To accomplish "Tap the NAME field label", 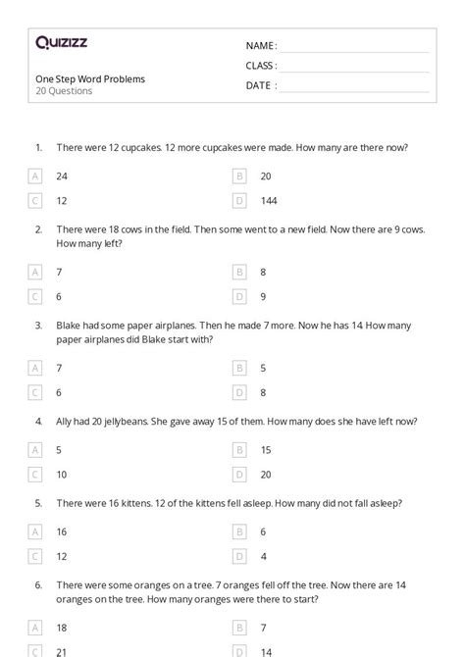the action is (x=261, y=46).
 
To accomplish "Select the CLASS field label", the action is (x=261, y=66).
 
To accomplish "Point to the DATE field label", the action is (x=259, y=85).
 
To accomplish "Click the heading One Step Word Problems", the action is (x=90, y=78).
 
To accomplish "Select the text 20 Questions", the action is (x=64, y=91).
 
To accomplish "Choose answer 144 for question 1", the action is (x=269, y=200).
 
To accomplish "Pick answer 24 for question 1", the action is (x=62, y=176).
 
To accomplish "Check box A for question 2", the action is (x=35, y=272).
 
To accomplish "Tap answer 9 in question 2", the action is (x=263, y=295).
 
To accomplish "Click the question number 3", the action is (x=38, y=325).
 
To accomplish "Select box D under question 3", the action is (x=238, y=391).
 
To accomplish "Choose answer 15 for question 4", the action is (x=266, y=450).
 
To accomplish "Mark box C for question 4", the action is (x=35, y=474).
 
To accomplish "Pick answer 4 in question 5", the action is (x=263, y=555).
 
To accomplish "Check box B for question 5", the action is (x=238, y=531).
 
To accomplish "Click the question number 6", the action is (x=38, y=582).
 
